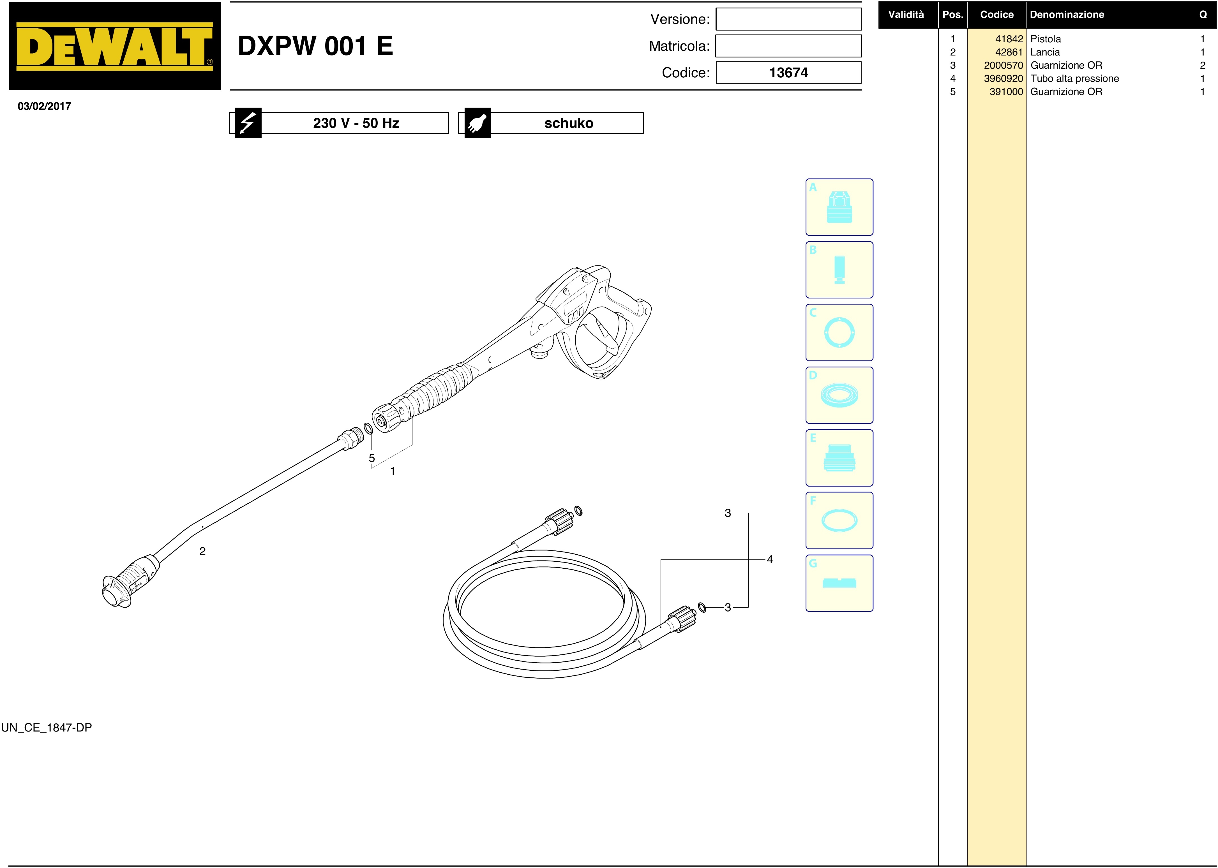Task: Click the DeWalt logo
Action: coord(114,46)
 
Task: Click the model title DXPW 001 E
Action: coord(315,46)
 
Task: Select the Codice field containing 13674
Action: coord(789,73)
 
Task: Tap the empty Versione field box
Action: coord(789,19)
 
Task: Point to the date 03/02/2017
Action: coord(44,106)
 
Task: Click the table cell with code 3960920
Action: coord(1003,78)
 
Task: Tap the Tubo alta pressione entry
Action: coord(1075,78)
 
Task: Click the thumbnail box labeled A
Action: coord(839,207)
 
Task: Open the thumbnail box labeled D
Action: coord(839,395)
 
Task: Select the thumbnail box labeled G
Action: coord(839,583)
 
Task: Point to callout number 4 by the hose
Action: coord(770,560)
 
